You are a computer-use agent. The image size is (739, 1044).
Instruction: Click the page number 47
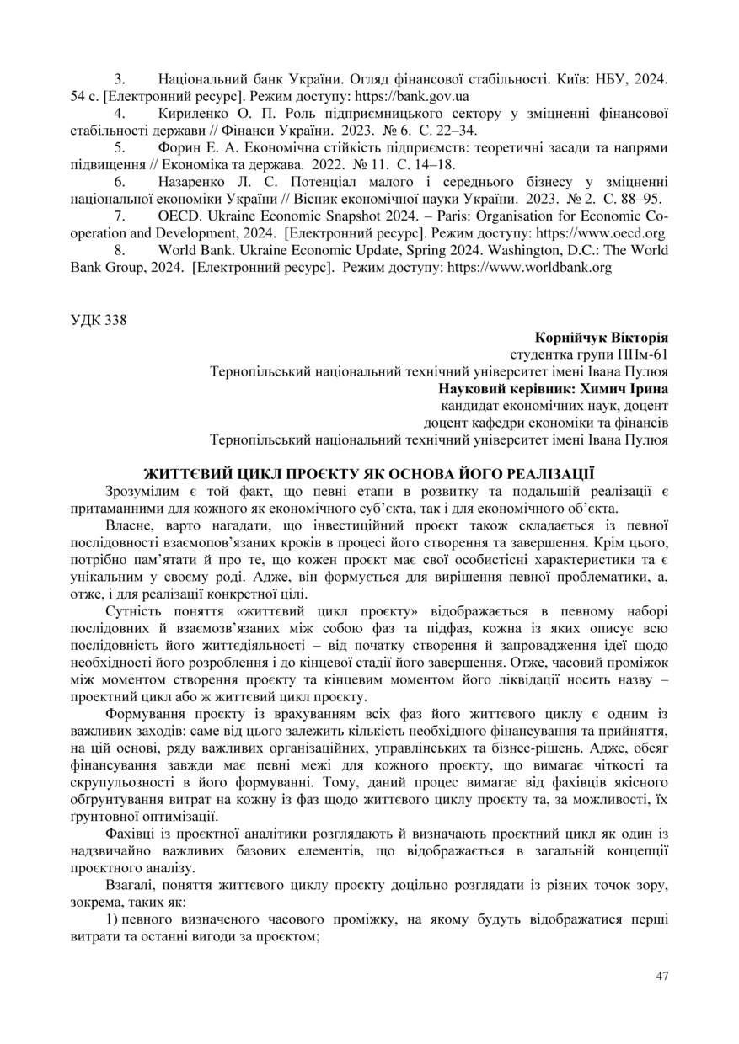point(661,976)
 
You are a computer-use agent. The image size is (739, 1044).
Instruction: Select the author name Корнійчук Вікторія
point(602,338)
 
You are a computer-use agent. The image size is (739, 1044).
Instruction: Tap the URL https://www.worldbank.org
point(528,268)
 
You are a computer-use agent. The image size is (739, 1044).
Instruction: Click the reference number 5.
point(120,148)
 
